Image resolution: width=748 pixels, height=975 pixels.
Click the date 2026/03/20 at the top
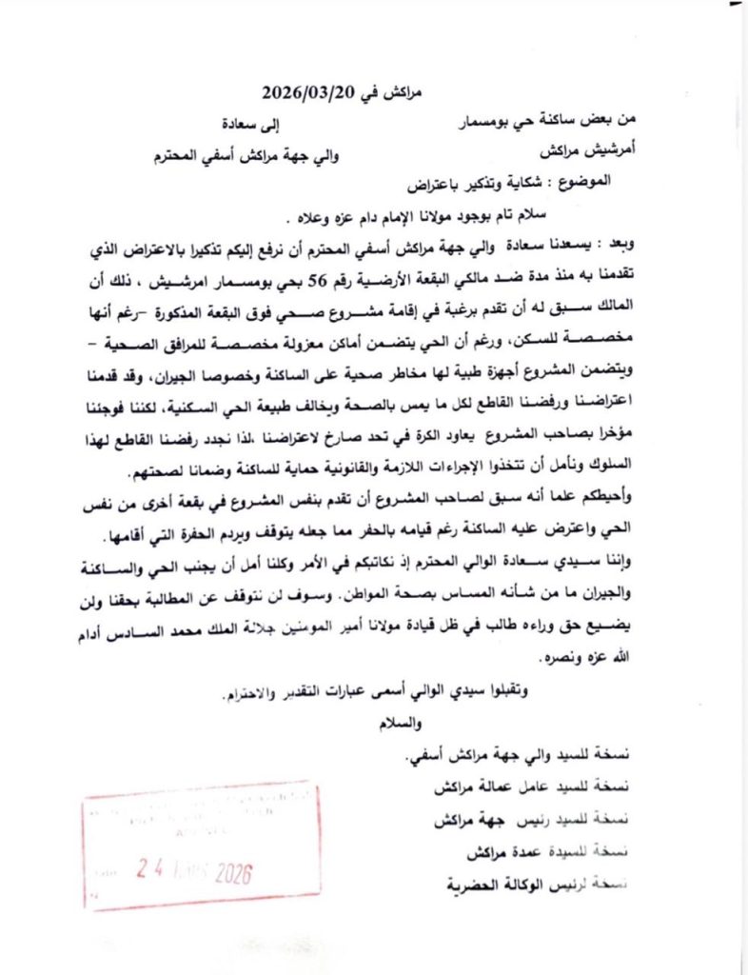[x=304, y=93]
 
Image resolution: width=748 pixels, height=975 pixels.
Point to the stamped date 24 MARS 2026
[x=195, y=869]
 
